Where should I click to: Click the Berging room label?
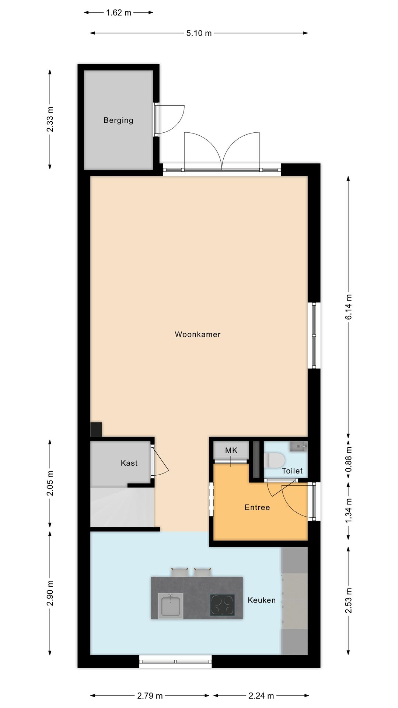click(118, 120)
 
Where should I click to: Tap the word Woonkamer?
click(198, 334)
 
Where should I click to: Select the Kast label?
click(129, 463)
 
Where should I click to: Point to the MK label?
click(231, 450)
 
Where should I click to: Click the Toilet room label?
click(292, 471)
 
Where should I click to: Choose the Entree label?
click(257, 507)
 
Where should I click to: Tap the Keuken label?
click(262, 600)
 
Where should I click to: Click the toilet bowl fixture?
click(275, 461)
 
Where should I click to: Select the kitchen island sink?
click(170, 605)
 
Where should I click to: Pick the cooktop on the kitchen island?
click(223, 605)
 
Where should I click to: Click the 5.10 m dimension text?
click(199, 33)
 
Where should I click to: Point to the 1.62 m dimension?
click(119, 13)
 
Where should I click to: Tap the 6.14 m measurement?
click(349, 307)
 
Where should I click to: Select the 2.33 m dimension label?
click(50, 119)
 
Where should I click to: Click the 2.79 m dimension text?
click(150, 696)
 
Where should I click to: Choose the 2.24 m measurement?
click(261, 696)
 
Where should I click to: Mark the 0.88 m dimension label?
click(349, 459)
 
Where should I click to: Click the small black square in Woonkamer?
click(96, 430)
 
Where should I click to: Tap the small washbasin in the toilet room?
click(298, 447)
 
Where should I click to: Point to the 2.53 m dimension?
click(349, 600)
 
